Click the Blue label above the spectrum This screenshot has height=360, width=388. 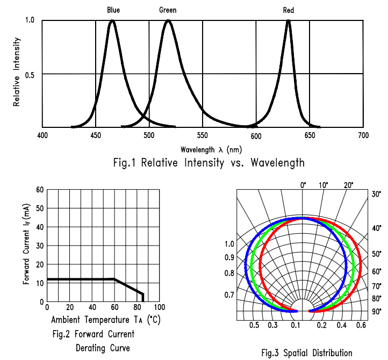(113, 10)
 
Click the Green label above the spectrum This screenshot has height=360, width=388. (168, 10)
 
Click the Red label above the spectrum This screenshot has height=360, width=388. (289, 10)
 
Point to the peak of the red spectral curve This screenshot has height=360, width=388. (289, 21)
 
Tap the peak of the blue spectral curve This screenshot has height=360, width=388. (112, 21)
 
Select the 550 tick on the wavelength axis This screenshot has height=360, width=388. (203, 135)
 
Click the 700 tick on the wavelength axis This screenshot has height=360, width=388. (364, 135)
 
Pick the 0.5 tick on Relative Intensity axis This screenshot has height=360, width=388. (30, 74)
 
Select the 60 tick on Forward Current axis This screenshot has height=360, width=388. (40, 189)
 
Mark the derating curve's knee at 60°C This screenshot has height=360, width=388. (114, 279)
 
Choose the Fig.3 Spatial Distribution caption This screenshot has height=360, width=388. (307, 352)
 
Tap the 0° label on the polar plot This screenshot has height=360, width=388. (303, 185)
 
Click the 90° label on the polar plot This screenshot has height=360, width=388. (376, 312)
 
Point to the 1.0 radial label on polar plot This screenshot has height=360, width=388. (229, 244)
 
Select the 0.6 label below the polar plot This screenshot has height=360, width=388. (361, 325)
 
